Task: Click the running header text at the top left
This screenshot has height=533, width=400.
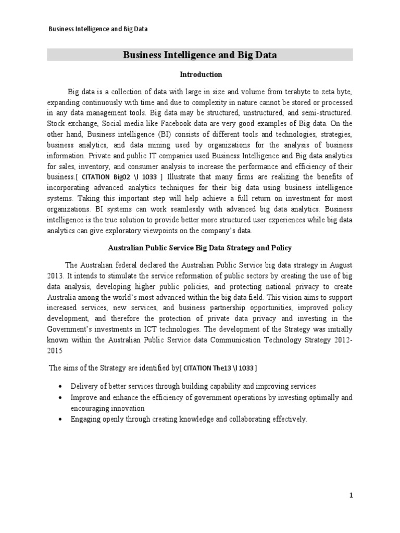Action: click(98, 29)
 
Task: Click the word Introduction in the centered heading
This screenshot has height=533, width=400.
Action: click(201, 74)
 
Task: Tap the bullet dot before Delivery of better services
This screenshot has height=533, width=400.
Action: click(61, 386)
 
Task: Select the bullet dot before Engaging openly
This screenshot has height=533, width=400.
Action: click(61, 419)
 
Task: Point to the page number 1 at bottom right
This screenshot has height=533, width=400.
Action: click(351, 496)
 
